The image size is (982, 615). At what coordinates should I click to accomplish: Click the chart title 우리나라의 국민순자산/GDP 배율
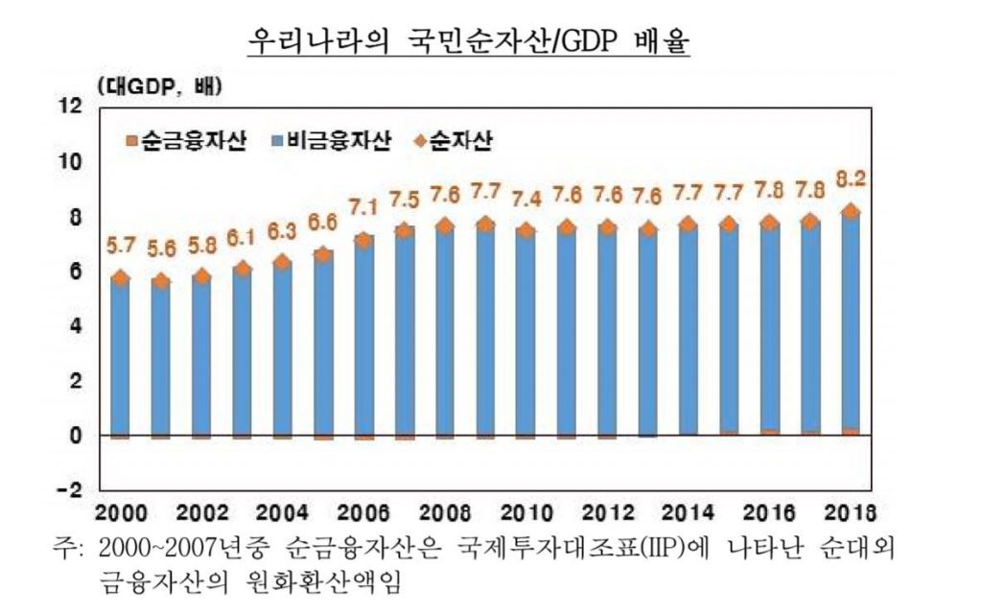(469, 42)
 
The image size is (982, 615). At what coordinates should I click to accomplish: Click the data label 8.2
(851, 178)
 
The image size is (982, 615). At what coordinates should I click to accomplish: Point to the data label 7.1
(363, 206)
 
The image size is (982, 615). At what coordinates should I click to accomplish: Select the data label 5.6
(160, 248)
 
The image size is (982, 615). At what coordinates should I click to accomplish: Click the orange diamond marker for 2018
(851, 212)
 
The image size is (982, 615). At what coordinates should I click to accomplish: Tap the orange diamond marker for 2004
(282, 262)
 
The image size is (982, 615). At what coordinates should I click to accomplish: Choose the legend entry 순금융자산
(186, 142)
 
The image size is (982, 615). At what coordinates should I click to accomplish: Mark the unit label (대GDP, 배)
(159, 87)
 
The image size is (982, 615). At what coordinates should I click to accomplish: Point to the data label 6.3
(282, 231)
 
